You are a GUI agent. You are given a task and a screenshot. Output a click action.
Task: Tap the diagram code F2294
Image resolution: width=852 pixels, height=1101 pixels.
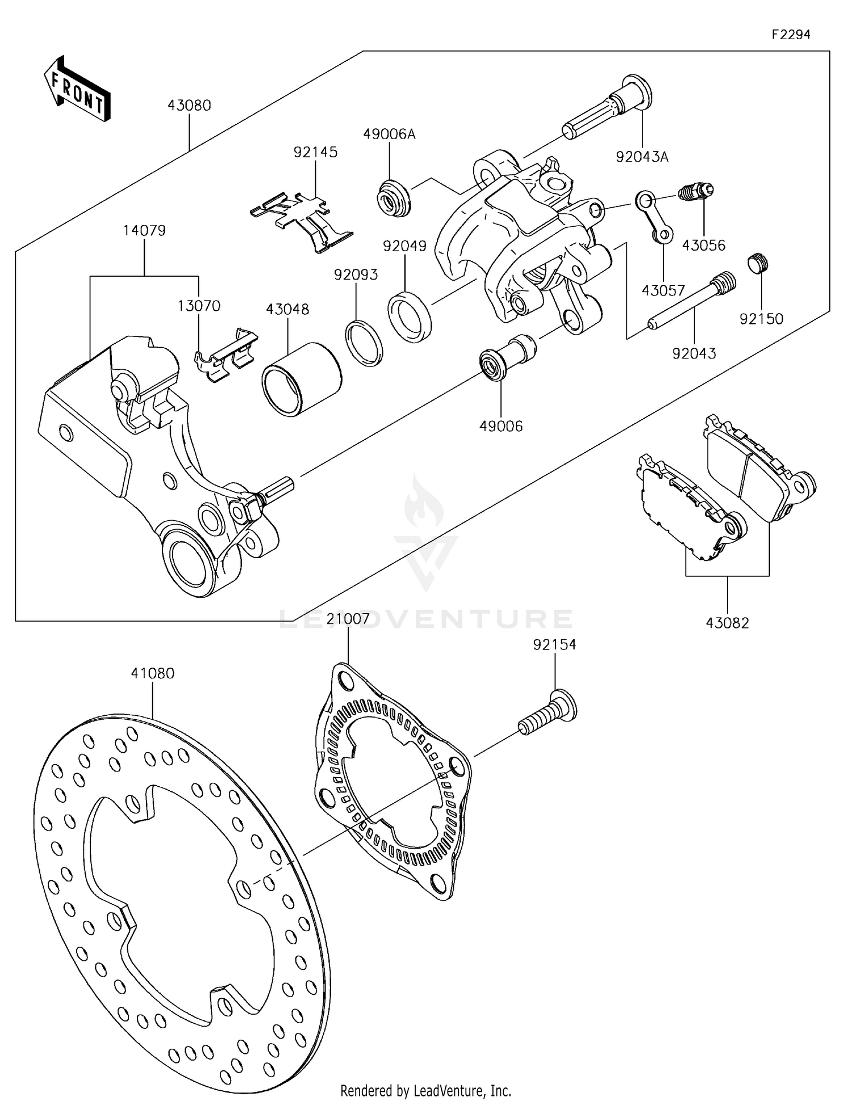(x=791, y=35)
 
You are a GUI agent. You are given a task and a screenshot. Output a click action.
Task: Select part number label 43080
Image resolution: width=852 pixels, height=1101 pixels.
(x=189, y=106)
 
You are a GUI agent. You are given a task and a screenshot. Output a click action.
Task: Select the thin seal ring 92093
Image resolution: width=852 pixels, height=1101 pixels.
(x=364, y=344)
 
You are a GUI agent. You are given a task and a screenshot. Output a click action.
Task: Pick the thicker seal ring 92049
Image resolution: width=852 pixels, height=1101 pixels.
(x=410, y=316)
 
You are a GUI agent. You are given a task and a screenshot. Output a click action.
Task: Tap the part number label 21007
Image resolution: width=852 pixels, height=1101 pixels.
(x=348, y=619)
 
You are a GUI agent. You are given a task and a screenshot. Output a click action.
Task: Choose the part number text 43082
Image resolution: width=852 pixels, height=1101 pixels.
(x=727, y=623)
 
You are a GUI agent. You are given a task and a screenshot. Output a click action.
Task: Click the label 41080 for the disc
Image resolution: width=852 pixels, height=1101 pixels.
(x=152, y=673)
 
